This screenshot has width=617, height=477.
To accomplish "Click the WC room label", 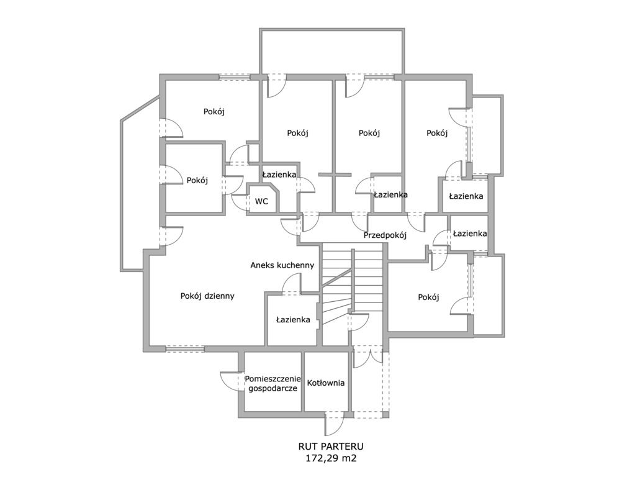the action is [x=262, y=201].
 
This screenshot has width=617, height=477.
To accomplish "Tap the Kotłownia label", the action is [x=326, y=383].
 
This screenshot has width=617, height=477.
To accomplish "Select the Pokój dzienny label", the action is [x=207, y=296].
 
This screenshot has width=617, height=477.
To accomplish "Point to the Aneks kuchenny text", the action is [x=282, y=265].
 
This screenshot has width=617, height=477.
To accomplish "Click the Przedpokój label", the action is [x=385, y=235].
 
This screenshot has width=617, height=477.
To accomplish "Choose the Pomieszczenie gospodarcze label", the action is [x=272, y=384].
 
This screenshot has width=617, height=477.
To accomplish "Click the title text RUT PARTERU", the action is [x=331, y=447].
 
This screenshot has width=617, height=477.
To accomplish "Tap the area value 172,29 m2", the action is [x=331, y=458].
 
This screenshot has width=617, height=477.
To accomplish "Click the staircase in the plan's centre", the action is [x=352, y=293].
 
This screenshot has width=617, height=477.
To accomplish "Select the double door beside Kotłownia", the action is [x=367, y=357].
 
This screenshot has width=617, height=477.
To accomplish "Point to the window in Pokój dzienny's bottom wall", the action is [x=185, y=348].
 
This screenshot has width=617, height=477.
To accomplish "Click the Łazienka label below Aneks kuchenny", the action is [x=293, y=320].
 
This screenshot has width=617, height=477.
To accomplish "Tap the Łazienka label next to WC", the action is [x=279, y=175].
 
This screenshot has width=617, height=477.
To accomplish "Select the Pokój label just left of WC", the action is [x=197, y=180].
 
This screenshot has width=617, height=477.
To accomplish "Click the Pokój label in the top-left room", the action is [x=214, y=112].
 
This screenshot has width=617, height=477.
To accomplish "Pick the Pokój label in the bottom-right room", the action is [x=428, y=298].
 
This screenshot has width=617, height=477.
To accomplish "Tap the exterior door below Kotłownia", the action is [x=335, y=424].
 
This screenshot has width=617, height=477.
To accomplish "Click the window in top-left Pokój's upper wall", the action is [x=235, y=77].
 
